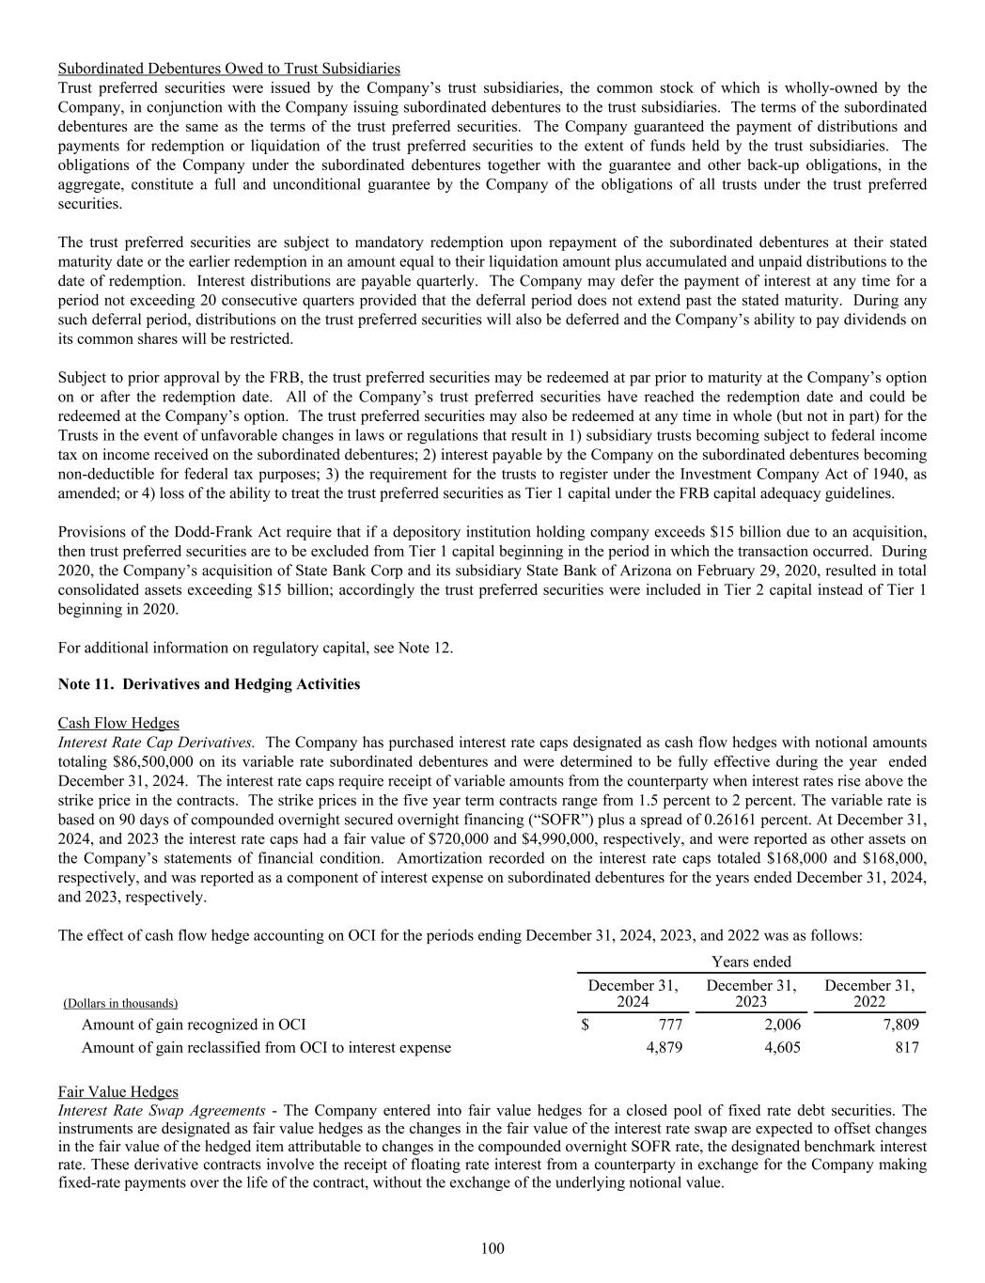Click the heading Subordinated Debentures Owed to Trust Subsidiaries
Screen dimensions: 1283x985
[x=228, y=69]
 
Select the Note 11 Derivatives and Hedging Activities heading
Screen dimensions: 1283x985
[x=209, y=684]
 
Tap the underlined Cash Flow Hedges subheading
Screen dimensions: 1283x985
[x=118, y=723]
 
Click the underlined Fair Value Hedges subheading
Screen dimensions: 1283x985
[x=117, y=1091]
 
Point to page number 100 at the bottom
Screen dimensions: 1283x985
[x=492, y=1248]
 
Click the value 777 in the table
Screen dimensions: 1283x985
[x=670, y=1025]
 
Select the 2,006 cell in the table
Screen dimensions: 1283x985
[x=782, y=1025]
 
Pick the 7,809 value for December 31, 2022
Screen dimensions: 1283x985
[x=899, y=1025]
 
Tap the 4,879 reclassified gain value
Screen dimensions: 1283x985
[x=664, y=1047]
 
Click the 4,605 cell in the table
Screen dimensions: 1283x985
[x=782, y=1047]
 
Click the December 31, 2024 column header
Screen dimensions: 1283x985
[x=633, y=994]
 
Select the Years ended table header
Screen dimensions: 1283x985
[x=751, y=962]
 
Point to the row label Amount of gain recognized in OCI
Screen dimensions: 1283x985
[x=194, y=1025]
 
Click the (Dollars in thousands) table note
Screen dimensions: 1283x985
[x=119, y=1004]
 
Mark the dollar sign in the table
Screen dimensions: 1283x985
[x=586, y=1025]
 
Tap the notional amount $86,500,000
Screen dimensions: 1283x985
[x=153, y=761]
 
